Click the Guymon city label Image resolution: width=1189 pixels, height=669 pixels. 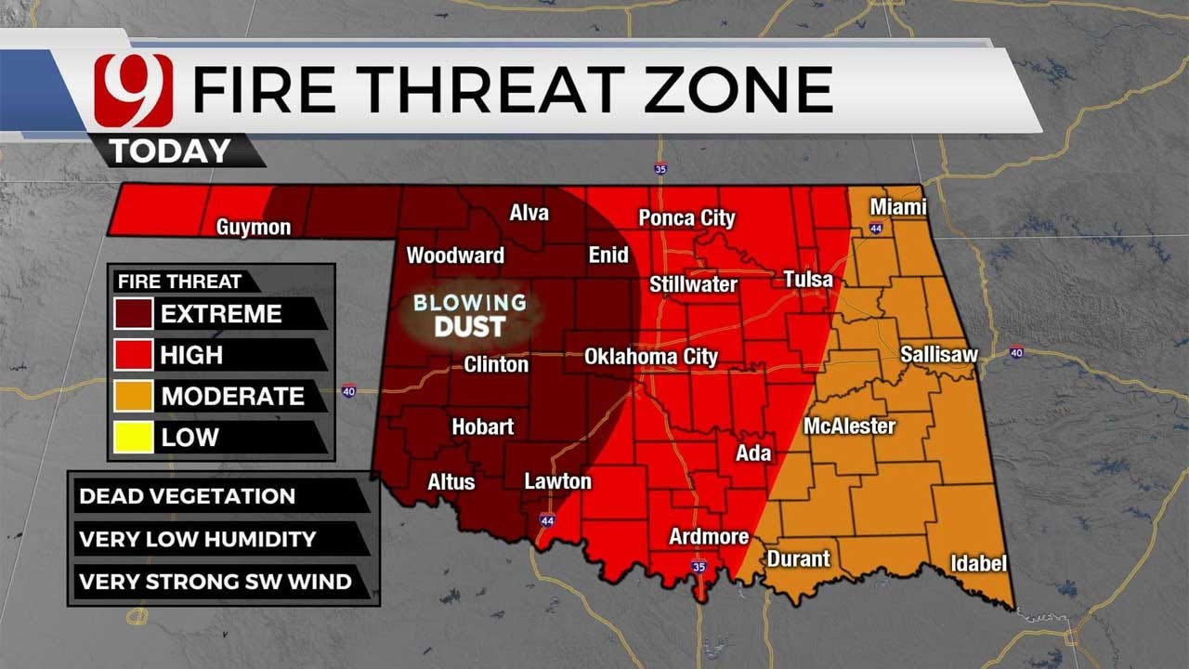pos(254,227)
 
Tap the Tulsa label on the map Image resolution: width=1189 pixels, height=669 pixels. pos(807,279)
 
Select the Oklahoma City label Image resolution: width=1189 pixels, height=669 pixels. pos(650,356)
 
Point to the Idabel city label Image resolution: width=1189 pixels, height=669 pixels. pos(978,563)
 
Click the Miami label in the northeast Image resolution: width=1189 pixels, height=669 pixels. pos(897,206)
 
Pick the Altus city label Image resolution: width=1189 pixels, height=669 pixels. pos(451,481)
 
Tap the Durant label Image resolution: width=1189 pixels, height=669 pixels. pos(798,558)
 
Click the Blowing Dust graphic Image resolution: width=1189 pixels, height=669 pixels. pos(470,315)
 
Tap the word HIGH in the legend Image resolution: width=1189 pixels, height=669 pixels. pos(191,355)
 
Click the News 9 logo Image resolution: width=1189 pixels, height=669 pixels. pos(133,91)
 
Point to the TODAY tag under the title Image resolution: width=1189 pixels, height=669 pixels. pos(171,151)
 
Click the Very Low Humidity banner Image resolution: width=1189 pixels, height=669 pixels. pos(197,539)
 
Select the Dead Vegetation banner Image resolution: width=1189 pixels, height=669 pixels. pos(187,496)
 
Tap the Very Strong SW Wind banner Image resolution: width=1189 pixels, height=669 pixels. pos(215,583)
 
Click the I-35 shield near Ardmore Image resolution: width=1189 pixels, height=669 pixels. pos(698,566)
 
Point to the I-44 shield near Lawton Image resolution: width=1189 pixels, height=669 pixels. pos(545,521)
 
